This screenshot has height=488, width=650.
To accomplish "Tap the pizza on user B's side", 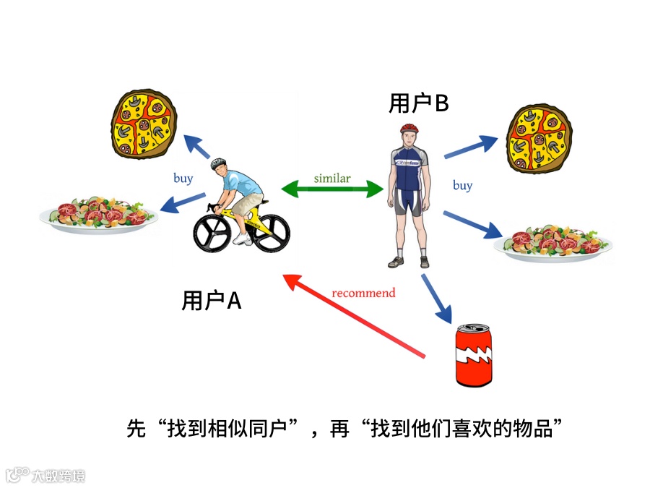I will point(539,140).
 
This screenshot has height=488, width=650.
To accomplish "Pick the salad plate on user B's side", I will point(552,242).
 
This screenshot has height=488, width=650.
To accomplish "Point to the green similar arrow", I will point(331,190).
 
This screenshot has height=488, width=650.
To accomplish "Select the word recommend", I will point(363,293).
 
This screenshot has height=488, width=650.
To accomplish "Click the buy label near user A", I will point(183,178).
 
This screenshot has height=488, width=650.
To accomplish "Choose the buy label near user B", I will point(462,185).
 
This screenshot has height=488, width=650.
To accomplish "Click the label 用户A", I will point(211,301).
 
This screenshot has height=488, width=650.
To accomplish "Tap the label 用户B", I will point(419,104).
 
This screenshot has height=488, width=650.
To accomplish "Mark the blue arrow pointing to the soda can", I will point(436,299).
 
